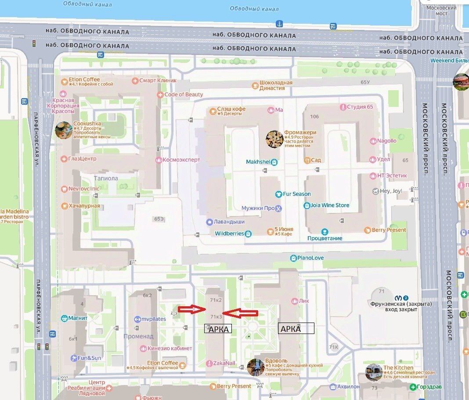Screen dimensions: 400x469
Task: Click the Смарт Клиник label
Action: coord(157,81)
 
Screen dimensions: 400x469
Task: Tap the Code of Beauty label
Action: coord(183,95)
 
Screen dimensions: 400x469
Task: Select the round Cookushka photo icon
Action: coord(63,130)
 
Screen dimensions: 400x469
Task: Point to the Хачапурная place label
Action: coord(83,206)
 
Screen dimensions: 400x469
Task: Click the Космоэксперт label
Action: coord(181,160)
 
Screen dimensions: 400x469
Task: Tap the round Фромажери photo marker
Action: coord(274,139)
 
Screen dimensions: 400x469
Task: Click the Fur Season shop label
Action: coord(296,194)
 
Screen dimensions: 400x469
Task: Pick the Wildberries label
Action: coord(229,234)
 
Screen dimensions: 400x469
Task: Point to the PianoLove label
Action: coord(310,257)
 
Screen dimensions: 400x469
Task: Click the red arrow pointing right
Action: coord(192,309)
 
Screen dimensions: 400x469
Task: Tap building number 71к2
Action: coord(216,300)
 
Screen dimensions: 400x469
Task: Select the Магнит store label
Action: coord(78,318)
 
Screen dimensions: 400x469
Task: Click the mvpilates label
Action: coord(153,319)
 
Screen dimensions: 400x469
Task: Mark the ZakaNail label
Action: coord(224,363)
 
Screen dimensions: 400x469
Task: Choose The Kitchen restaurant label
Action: coord(398,368)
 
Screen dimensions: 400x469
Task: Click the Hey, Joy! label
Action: coord(391,191)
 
